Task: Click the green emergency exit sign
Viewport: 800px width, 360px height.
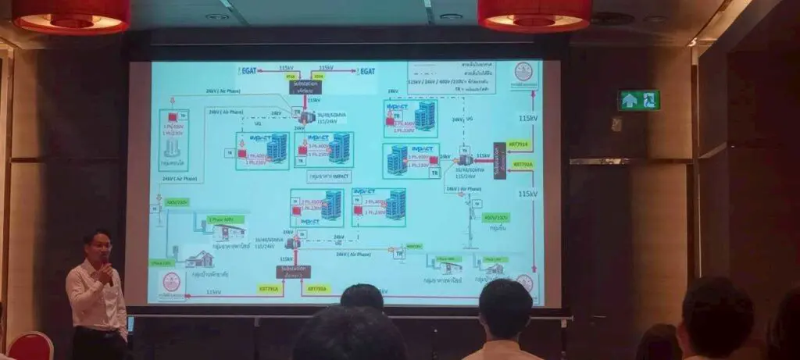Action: pos(639,100)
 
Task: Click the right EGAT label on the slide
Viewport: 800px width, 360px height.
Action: pos(365,71)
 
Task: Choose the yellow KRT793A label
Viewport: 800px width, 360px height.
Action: pos(317,288)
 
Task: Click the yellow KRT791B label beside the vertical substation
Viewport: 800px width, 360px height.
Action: pos(523,144)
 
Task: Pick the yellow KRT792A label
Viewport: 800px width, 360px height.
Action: pos(523,165)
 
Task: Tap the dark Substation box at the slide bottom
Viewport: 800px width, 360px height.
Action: pos(294,271)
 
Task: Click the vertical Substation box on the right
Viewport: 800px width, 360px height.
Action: pos(499,159)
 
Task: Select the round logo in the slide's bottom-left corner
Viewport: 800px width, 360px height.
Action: pos(171,283)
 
